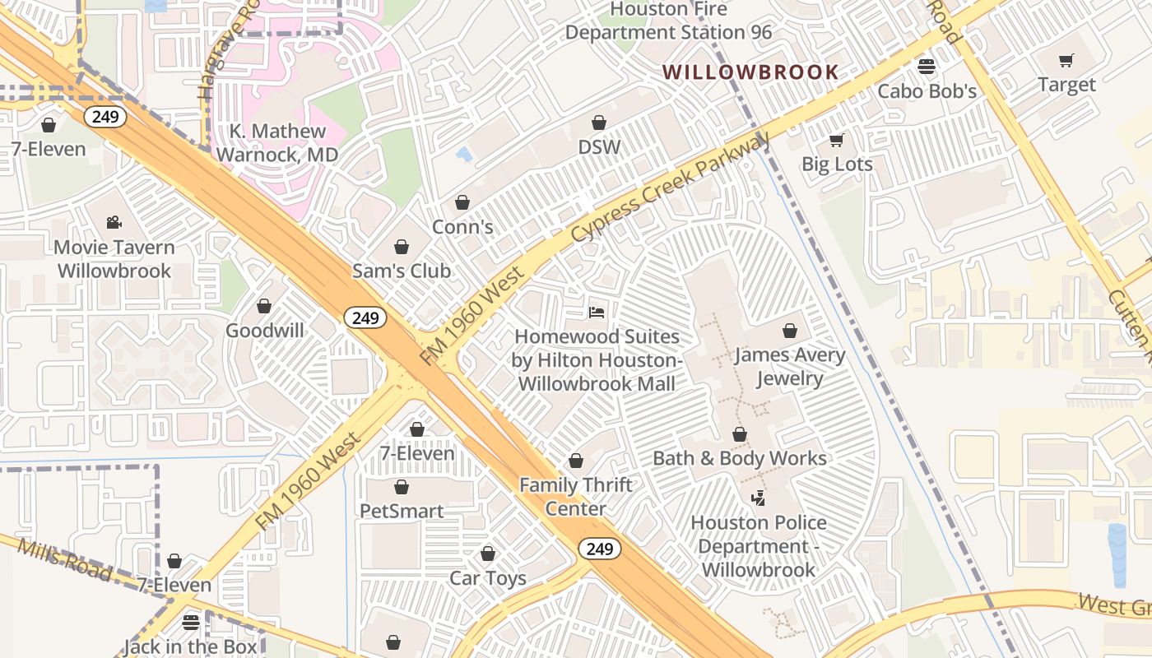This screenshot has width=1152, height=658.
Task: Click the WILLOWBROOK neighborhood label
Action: tap(750, 72)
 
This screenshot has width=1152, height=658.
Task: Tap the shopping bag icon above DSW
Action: tap(599, 123)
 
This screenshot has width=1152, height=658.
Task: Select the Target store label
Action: tap(1066, 85)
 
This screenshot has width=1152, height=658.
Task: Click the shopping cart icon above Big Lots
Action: tap(836, 141)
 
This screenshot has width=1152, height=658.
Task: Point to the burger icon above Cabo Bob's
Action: tap(927, 67)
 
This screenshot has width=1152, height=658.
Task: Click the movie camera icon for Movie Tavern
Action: tap(114, 223)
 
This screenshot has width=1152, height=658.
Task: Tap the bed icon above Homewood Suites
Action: tap(597, 313)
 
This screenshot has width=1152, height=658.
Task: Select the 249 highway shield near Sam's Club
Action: tap(365, 317)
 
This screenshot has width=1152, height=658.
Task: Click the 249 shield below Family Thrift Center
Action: tap(599, 549)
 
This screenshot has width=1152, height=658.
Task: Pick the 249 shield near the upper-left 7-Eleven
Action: tap(105, 117)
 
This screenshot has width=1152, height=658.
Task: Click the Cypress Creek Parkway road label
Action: tap(670, 188)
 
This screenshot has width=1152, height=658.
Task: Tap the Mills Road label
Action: tap(63, 559)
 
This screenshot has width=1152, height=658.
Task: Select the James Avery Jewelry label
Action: tap(789, 367)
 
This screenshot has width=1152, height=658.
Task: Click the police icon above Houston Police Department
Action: tap(758, 498)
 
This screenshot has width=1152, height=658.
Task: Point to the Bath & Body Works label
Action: tap(739, 458)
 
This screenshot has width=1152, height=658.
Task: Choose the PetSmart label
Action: tap(402, 511)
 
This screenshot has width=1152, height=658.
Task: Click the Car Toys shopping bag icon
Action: tap(488, 554)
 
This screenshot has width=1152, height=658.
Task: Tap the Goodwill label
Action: tap(264, 331)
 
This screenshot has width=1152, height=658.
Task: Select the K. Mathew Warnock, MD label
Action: tap(277, 142)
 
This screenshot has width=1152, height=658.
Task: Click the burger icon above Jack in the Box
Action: tap(191, 622)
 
